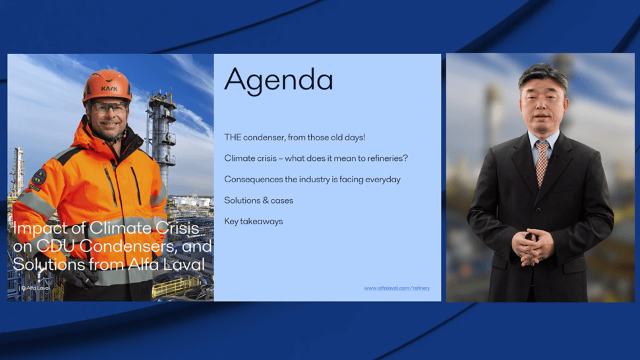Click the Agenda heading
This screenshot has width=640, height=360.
click(x=278, y=81)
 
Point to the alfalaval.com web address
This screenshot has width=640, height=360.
click(x=396, y=288)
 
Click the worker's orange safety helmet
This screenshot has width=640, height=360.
click(x=107, y=85)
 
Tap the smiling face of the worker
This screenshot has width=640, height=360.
click(x=108, y=115)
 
